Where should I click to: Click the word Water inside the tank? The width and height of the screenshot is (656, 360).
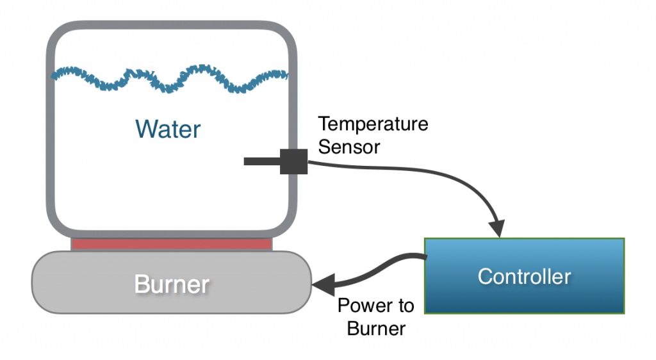168,129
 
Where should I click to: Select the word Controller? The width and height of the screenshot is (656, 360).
524,277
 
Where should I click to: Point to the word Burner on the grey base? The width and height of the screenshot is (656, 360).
172,284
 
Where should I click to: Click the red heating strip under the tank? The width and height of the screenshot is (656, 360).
172,244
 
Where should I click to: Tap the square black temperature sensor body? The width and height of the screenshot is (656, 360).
294,161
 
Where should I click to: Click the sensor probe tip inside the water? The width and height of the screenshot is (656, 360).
250,161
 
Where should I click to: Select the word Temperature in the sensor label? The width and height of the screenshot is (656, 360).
373,124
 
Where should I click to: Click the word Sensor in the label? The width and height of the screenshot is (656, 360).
349,147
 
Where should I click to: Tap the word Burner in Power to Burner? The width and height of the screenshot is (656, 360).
376,329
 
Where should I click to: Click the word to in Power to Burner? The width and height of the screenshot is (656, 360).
403,306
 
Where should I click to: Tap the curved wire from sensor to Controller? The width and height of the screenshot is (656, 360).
416,171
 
